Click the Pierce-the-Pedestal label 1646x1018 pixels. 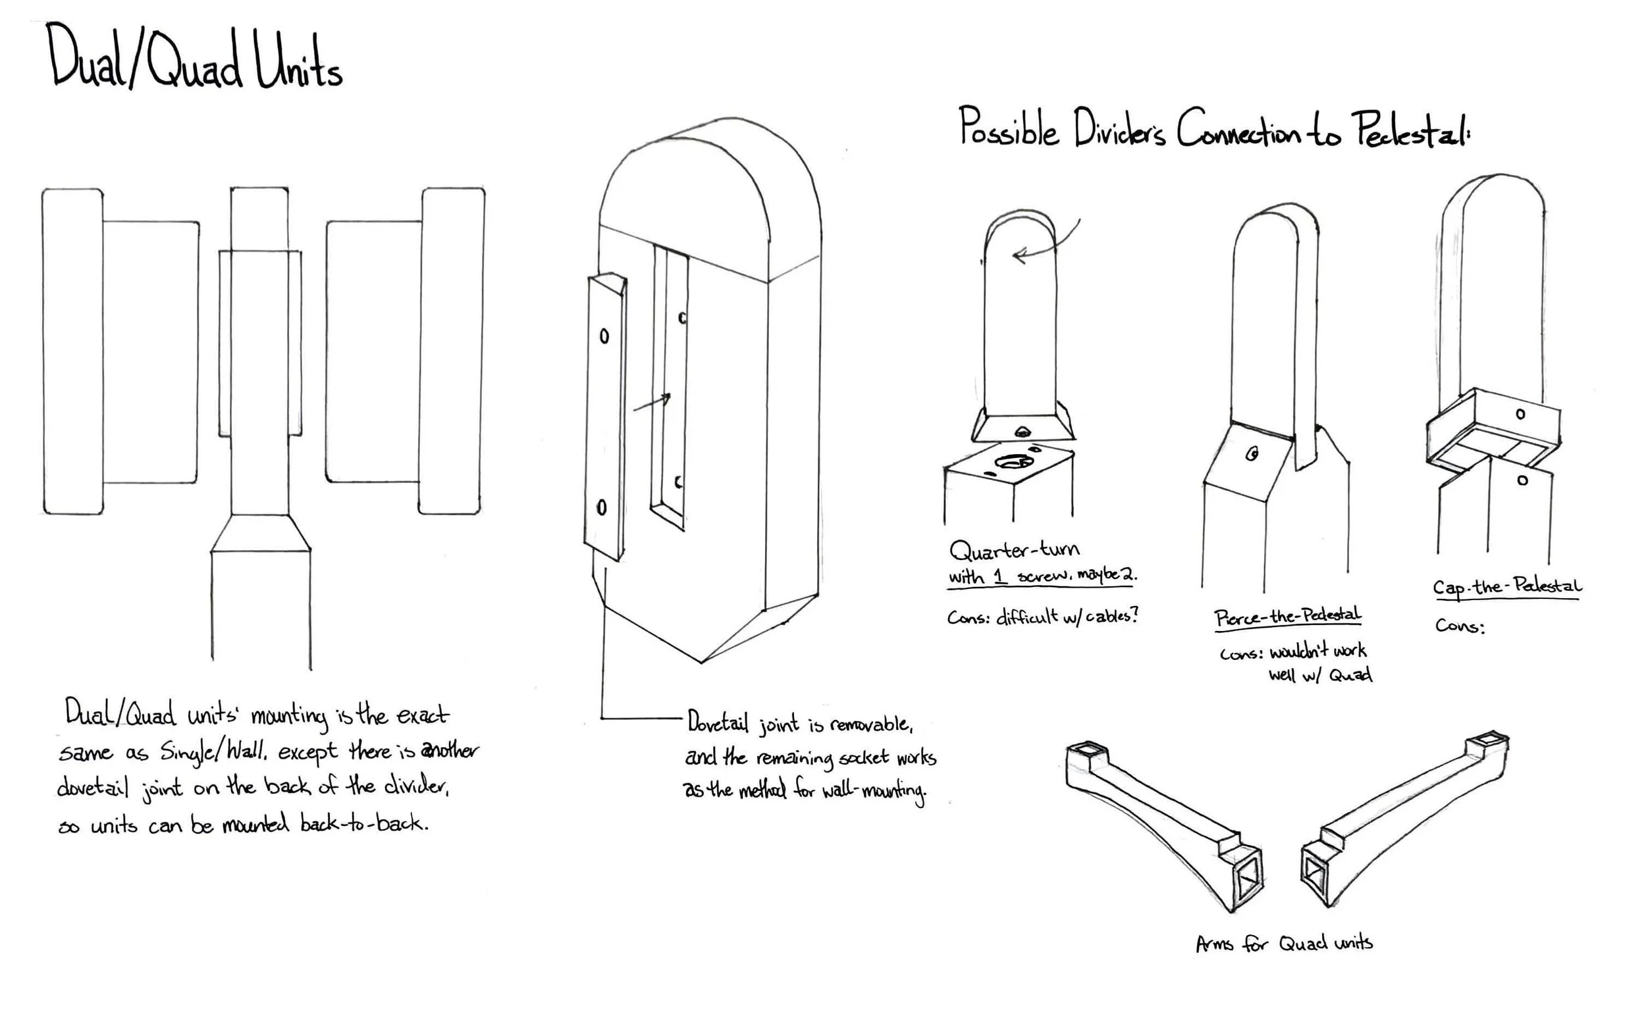[1287, 617]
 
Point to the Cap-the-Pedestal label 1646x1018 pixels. [1506, 586]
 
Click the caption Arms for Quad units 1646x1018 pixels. [1284, 943]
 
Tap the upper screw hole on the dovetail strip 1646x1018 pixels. [604, 336]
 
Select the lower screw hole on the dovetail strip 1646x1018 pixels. [601, 507]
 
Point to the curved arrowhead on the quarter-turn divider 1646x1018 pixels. [1020, 255]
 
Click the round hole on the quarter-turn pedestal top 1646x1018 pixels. [1013, 462]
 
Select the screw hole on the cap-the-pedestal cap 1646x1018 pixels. [1520, 414]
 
